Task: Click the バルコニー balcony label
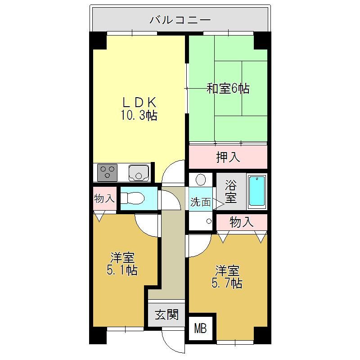point(180,20)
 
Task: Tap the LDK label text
point(139,103)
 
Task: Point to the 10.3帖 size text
point(139,116)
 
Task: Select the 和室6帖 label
point(228,88)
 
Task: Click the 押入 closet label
point(228,157)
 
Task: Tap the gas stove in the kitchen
point(107,172)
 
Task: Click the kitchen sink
point(139,173)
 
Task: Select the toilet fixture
point(132,198)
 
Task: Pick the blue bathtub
point(257,191)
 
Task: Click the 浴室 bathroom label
point(231,192)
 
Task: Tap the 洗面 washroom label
point(200,202)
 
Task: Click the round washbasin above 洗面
point(201,180)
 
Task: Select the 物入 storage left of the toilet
point(104,198)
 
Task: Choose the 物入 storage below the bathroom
point(242,222)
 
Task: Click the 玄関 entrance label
point(166,315)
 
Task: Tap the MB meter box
point(200,328)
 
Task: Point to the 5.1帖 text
point(122,270)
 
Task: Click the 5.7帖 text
point(227,283)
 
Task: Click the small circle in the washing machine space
point(209,221)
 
